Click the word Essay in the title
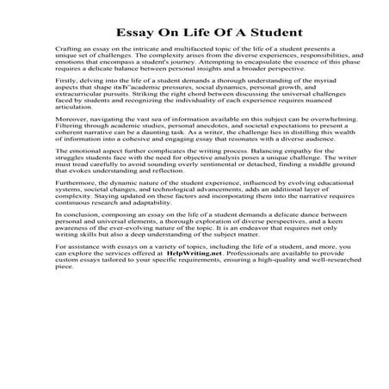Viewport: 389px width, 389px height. pos(136,34)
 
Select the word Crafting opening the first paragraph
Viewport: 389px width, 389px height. pos(66,52)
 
